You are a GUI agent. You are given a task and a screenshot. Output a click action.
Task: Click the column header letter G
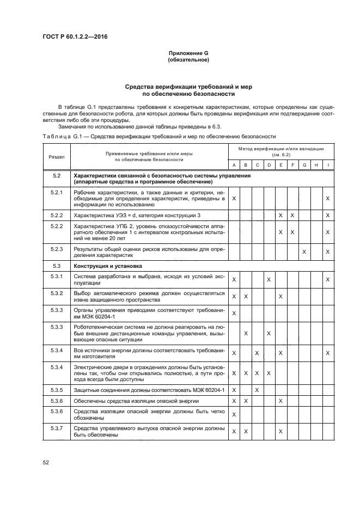pos(304,165)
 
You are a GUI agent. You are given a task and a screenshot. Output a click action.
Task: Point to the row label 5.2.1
pos(57,193)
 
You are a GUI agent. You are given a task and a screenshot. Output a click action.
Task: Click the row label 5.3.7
pos(57,429)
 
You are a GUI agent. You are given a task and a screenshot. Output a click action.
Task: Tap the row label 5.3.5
pos(57,390)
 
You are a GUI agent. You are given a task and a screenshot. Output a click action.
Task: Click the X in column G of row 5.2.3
pos(304,252)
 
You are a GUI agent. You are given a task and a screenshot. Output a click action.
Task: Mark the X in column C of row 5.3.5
pos(257,390)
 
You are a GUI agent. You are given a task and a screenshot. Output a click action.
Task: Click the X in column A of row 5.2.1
pos(234,199)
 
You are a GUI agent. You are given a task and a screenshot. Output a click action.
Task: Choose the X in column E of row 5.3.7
pos(280,432)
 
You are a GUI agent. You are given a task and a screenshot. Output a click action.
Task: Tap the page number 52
pos(46,463)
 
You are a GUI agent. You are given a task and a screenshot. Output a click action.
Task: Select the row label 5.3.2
pos(57,293)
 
